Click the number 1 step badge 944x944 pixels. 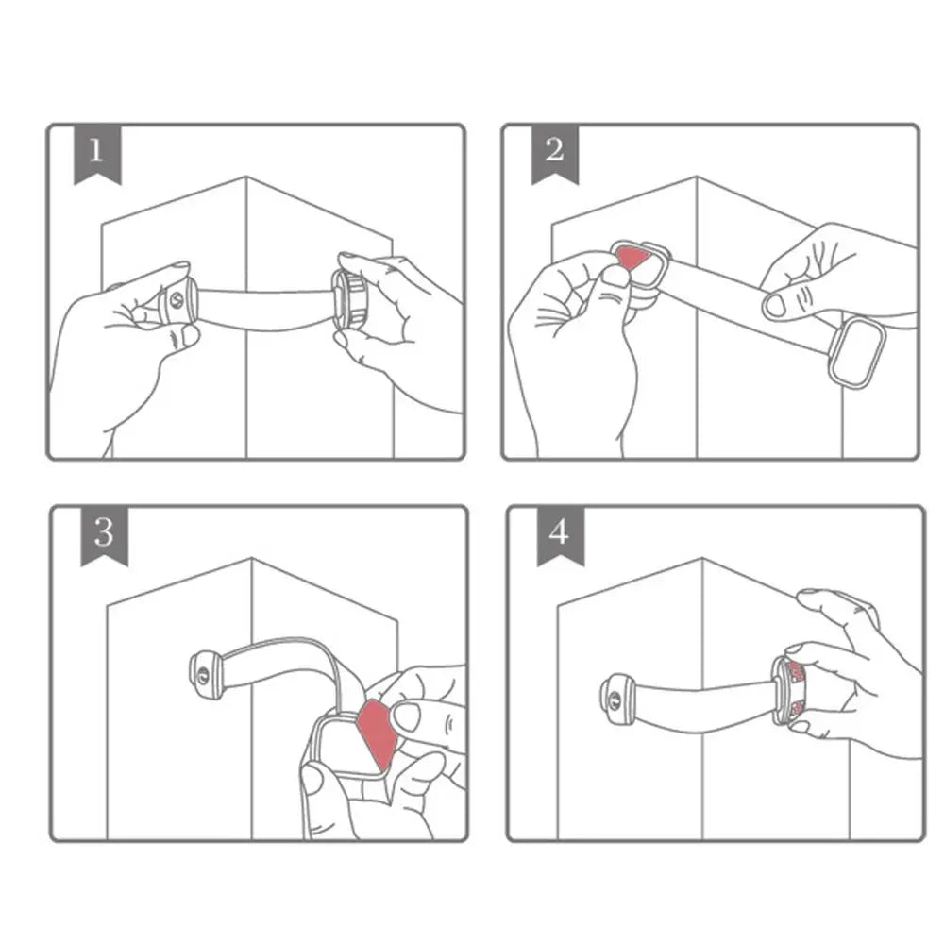[95, 152]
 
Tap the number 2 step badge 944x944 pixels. [554, 152]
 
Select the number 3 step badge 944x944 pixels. [103, 534]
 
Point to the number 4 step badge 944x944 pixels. [560, 534]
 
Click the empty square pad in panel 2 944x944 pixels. [857, 352]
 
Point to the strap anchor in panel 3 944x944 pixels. [205, 673]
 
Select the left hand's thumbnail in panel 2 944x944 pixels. [616, 276]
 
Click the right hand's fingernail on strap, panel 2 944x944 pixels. [775, 304]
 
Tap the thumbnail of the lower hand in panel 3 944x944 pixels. [312, 780]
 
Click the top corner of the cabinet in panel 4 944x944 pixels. [702, 560]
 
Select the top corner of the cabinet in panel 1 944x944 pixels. [246, 177]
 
